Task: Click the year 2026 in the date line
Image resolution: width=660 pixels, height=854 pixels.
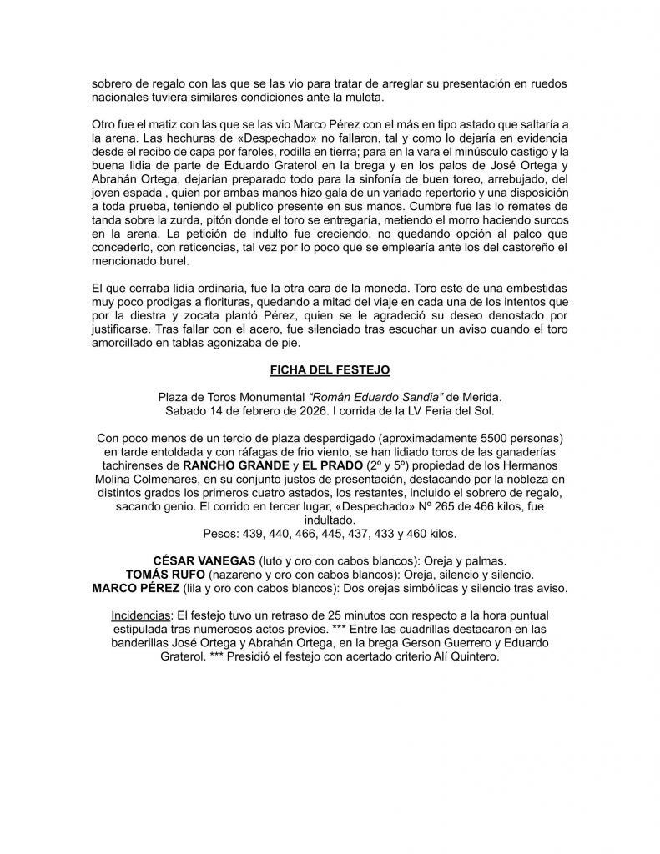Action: [x=305, y=411]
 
